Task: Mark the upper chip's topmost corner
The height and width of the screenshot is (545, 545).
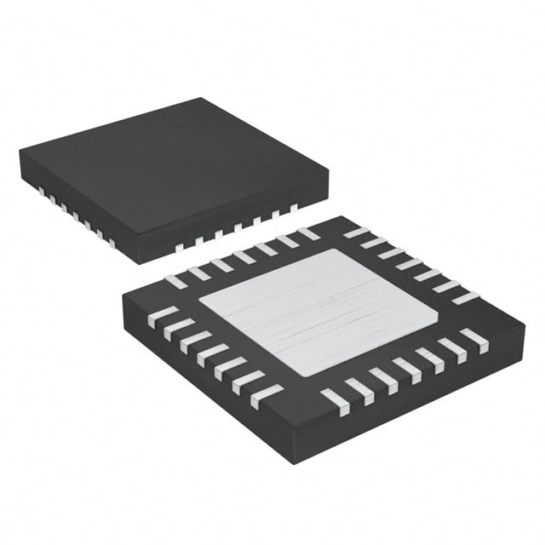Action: (202, 99)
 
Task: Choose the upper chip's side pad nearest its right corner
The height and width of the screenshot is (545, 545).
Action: (293, 208)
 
